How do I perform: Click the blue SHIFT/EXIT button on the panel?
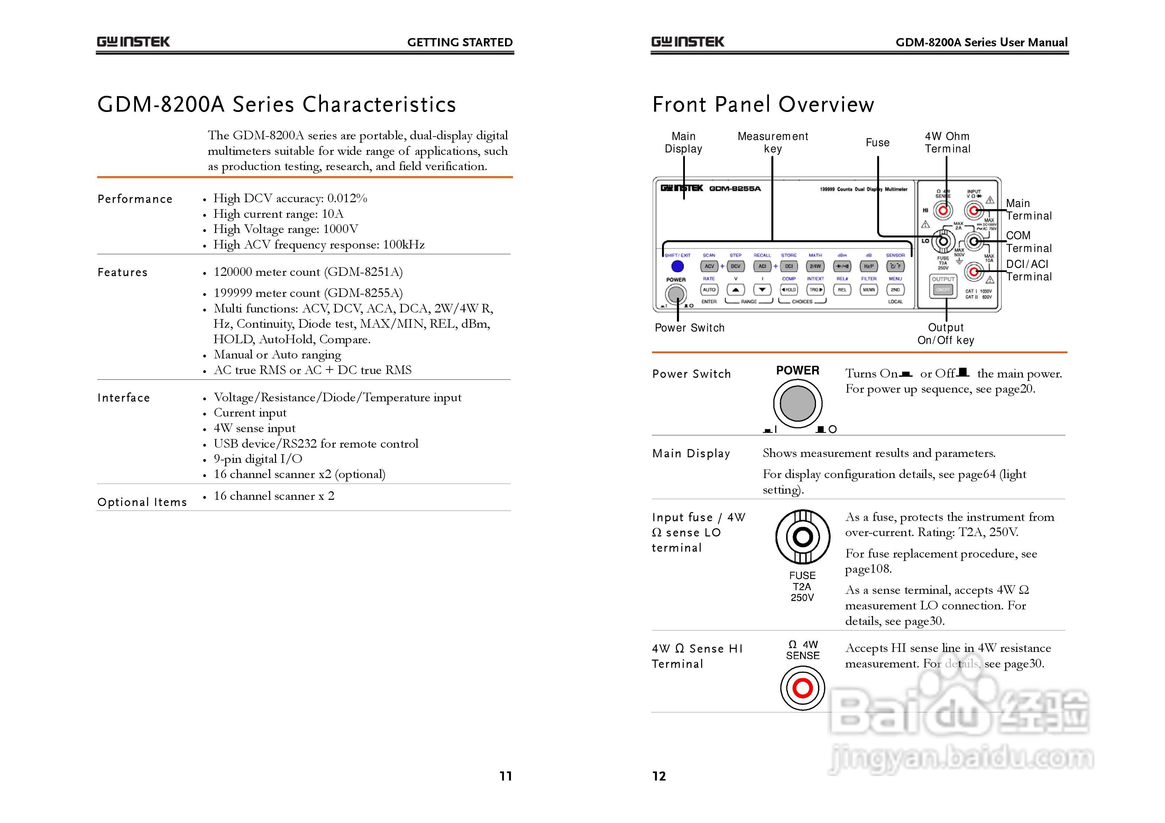click(677, 266)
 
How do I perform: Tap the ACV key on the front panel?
click(709, 266)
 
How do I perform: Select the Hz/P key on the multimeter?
click(869, 266)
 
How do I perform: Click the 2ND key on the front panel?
click(895, 290)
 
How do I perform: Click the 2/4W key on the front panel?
click(815, 266)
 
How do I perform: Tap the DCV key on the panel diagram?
click(735, 266)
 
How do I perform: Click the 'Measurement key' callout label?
click(772, 142)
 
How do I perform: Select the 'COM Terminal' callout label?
click(1028, 242)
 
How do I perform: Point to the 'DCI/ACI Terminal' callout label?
click(1028, 270)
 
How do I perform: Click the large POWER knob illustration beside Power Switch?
click(798, 404)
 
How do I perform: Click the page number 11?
click(505, 776)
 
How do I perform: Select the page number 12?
click(659, 776)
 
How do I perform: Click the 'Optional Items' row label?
click(142, 502)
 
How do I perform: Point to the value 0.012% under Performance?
click(347, 198)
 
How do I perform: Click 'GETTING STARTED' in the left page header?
click(460, 43)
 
